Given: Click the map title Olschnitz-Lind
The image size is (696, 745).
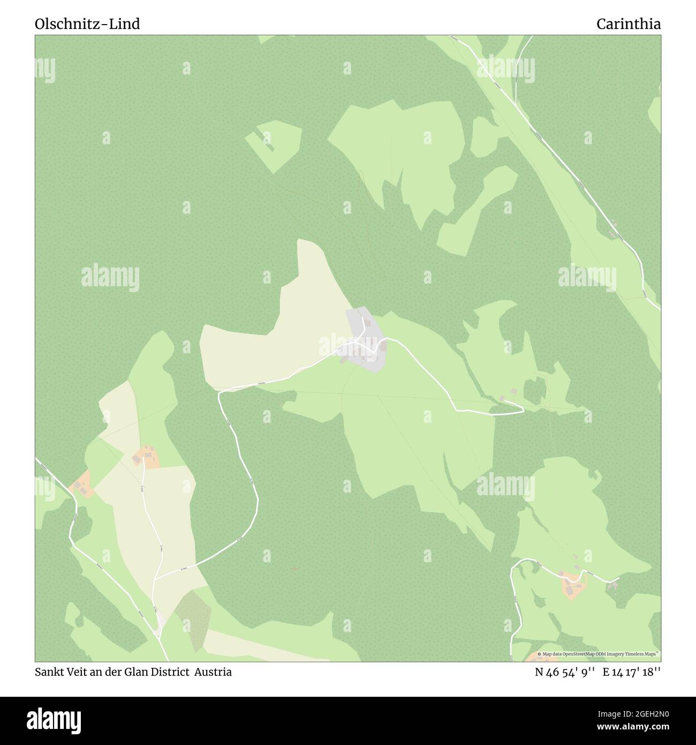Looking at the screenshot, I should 87,24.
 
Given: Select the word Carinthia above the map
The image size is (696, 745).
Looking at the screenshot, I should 629,24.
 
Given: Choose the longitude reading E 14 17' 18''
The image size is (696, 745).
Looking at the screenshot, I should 632,673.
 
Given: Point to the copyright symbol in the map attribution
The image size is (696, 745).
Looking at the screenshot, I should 540,654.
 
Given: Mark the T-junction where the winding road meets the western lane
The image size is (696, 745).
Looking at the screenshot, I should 155,579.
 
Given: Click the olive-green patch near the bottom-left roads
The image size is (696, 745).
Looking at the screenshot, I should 193,616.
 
